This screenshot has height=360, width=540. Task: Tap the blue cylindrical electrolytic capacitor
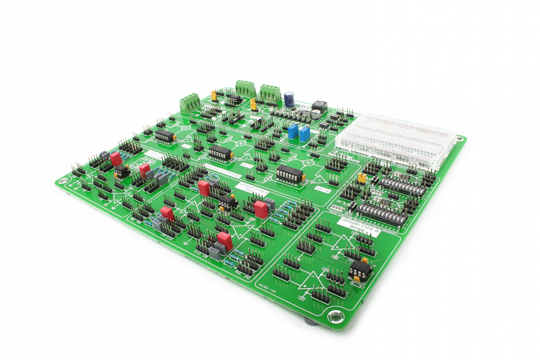pos(289,98)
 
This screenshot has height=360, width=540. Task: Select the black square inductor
pos(319,107)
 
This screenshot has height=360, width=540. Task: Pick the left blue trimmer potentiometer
pos(293,131)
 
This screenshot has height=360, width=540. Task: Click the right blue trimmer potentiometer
pos(304,134)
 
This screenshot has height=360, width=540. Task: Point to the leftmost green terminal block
pos(190,102)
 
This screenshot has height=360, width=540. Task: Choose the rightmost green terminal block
pos(270,92)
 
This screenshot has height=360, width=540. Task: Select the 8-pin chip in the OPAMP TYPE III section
pos(360,269)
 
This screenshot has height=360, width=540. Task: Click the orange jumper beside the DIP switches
pos(362,177)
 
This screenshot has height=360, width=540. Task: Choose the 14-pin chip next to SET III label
pos(290,174)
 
